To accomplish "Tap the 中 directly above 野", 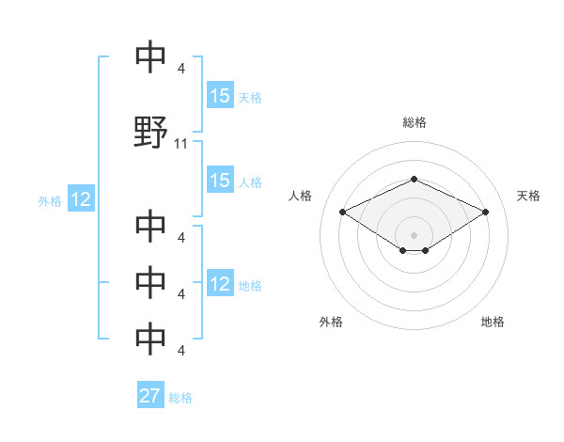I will [150, 58].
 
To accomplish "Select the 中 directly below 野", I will [150, 227].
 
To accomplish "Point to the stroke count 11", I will [181, 144].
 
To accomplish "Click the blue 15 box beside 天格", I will [220, 96].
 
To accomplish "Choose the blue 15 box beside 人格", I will [220, 182].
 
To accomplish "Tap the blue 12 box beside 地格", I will [220, 285].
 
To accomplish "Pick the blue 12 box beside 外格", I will [80, 199].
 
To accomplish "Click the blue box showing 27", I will [150, 396].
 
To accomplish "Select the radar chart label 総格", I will [414, 122].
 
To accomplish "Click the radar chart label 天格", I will [528, 196].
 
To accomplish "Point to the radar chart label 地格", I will [493, 322].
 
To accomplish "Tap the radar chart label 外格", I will [331, 322].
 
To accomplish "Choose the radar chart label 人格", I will [301, 196].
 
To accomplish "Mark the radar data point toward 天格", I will [485, 212].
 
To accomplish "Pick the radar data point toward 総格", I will [414, 179].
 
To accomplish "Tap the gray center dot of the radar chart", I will [414, 234].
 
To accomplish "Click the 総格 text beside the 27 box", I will [180, 398].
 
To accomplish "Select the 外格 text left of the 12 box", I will [50, 200].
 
